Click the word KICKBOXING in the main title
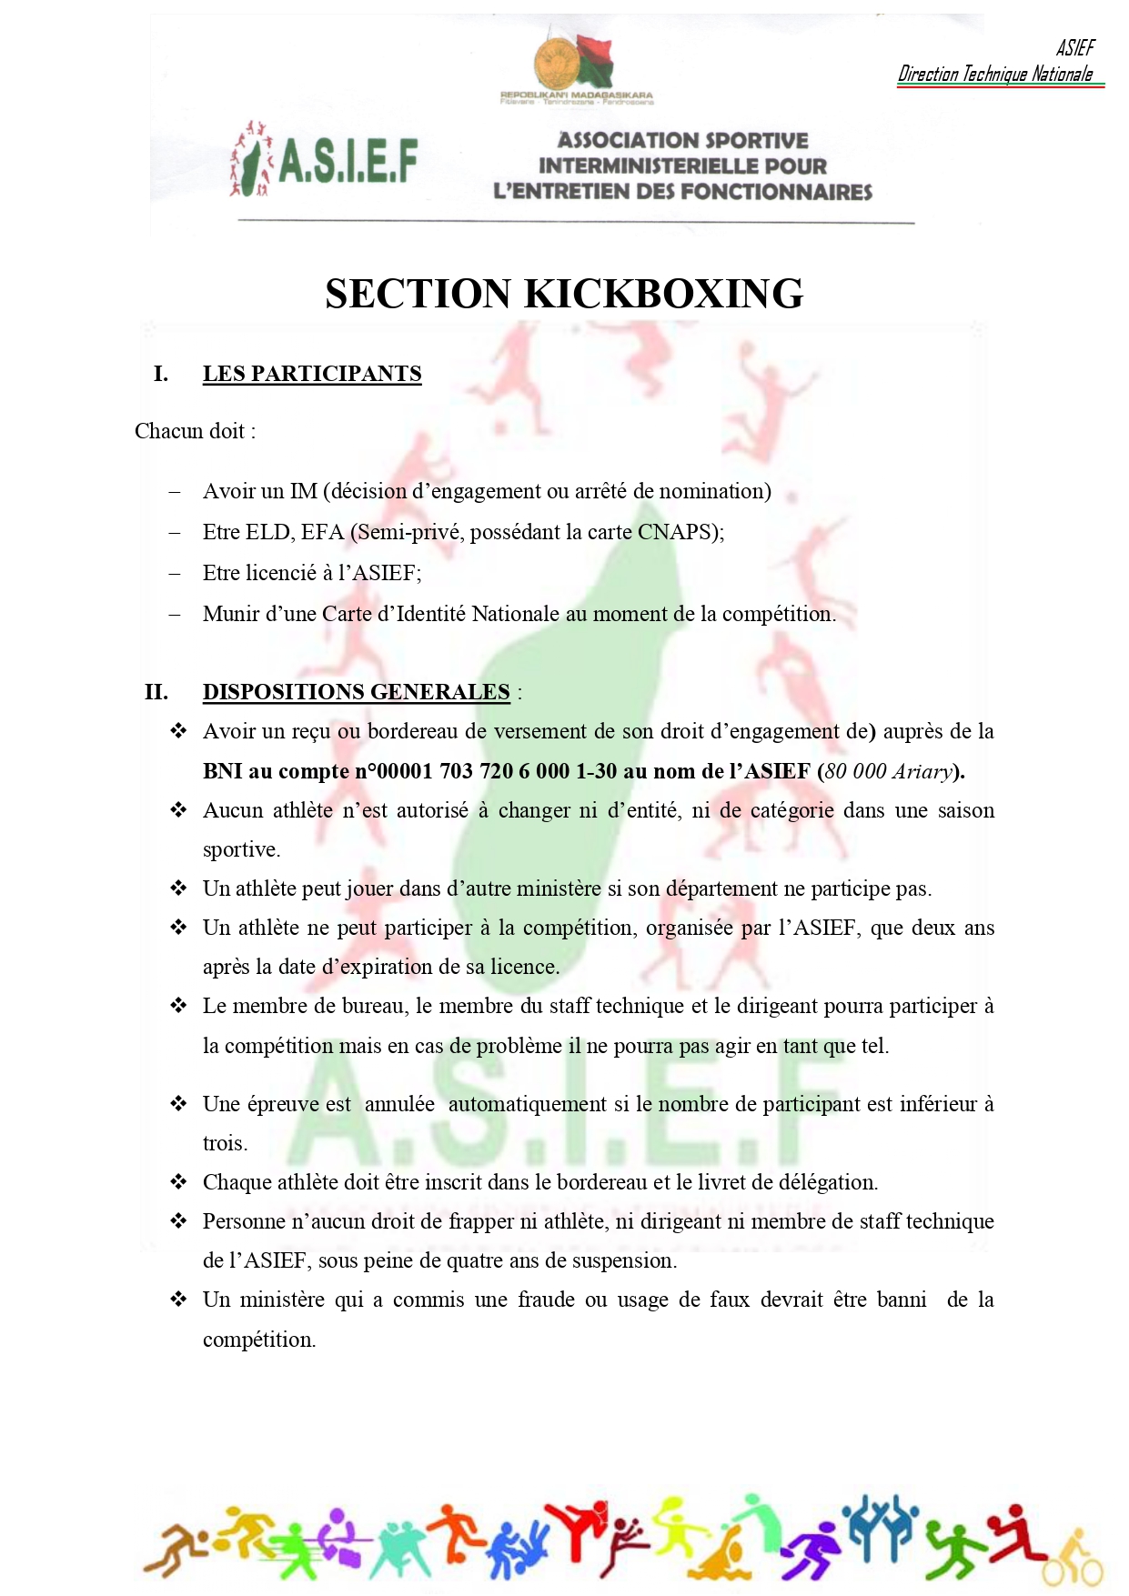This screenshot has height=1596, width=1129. (664, 295)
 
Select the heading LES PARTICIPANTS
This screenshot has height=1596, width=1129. (312, 374)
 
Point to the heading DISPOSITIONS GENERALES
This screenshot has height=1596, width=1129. (356, 692)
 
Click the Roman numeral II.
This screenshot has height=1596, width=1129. (156, 692)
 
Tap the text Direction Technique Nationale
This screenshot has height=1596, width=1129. (995, 75)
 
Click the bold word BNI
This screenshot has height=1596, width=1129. (223, 771)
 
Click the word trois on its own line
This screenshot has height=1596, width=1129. (224, 1143)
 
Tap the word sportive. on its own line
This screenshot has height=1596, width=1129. (241, 849)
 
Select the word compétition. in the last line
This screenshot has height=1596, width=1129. (259, 1340)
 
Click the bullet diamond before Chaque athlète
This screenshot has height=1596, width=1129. (178, 1181)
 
